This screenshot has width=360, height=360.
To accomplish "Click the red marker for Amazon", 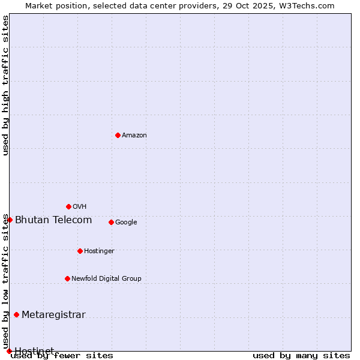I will [x=118, y=135].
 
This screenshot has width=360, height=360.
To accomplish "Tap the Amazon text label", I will [x=134, y=136].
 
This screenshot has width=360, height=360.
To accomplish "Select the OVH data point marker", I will [x=68, y=206].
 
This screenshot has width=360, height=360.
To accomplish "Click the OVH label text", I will [x=80, y=207].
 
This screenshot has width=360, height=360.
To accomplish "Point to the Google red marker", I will [x=111, y=222].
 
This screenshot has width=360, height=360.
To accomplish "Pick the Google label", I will [x=126, y=223].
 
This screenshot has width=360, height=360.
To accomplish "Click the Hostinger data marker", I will [x=80, y=251].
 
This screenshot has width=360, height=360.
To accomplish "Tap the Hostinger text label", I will [x=99, y=251].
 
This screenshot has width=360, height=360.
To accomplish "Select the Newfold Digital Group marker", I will [x=67, y=278].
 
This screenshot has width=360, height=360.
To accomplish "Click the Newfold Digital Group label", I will [x=106, y=279].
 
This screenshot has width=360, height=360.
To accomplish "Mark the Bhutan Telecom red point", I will [x=10, y=220].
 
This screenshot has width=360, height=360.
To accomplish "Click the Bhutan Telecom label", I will [x=53, y=220].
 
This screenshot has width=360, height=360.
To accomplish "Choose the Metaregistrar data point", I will [x=16, y=314].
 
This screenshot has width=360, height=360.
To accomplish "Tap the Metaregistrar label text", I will [x=53, y=315].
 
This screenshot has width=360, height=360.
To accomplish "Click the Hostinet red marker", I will [x=9, y=351].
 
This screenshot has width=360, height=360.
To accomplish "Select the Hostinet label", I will [x=34, y=351].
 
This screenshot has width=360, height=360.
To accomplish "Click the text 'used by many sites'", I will [x=301, y=356].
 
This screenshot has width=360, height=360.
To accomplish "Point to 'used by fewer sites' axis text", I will [x=62, y=356].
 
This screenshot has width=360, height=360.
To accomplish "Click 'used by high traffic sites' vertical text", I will [x=6, y=85].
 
